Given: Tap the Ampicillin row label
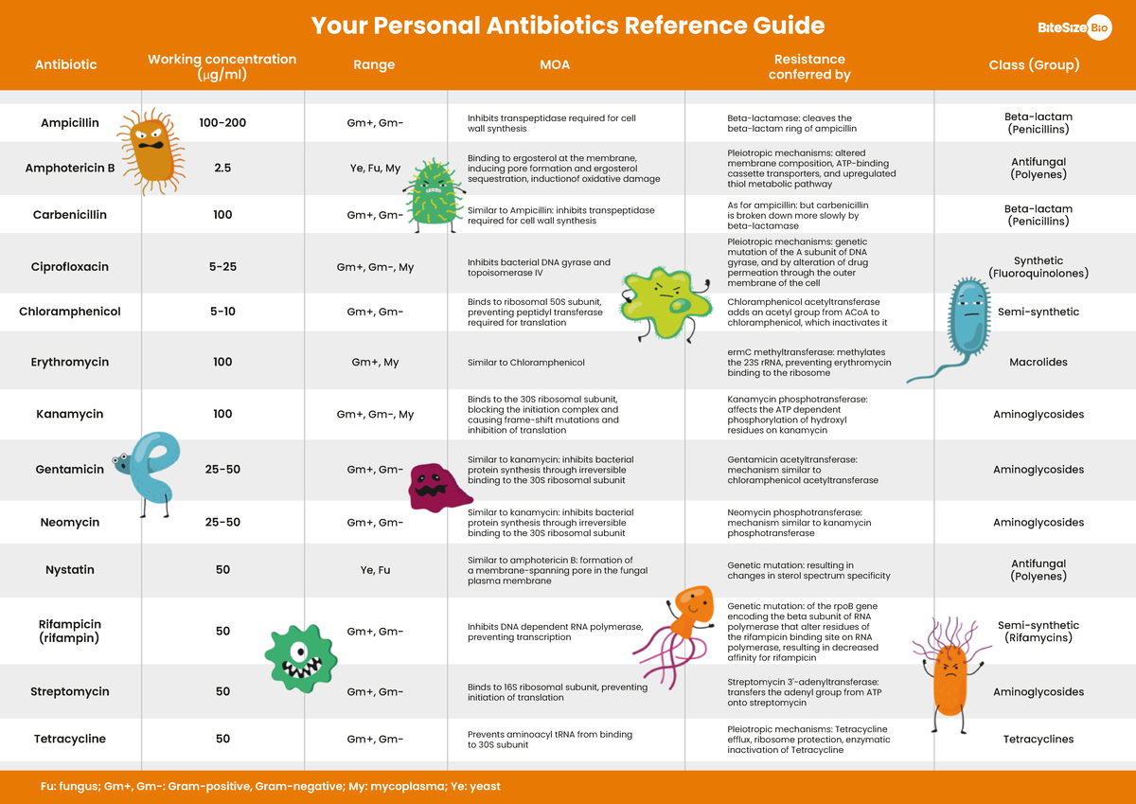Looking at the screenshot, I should click(x=70, y=123).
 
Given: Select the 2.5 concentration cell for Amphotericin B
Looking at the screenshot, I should click(x=222, y=169).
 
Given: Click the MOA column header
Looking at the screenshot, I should click(x=555, y=65).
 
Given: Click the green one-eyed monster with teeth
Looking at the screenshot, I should click(x=300, y=656).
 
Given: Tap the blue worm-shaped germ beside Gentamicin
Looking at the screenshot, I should click(x=151, y=470).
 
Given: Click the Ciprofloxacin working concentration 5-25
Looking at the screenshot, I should click(x=222, y=267).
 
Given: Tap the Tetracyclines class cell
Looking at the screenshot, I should click(x=1038, y=739).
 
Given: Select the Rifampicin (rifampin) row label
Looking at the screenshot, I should click(x=70, y=631).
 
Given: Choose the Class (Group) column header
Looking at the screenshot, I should click(x=1034, y=65).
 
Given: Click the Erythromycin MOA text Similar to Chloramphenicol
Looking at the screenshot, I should click(x=525, y=363).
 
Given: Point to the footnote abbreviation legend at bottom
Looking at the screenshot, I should click(x=271, y=786).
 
